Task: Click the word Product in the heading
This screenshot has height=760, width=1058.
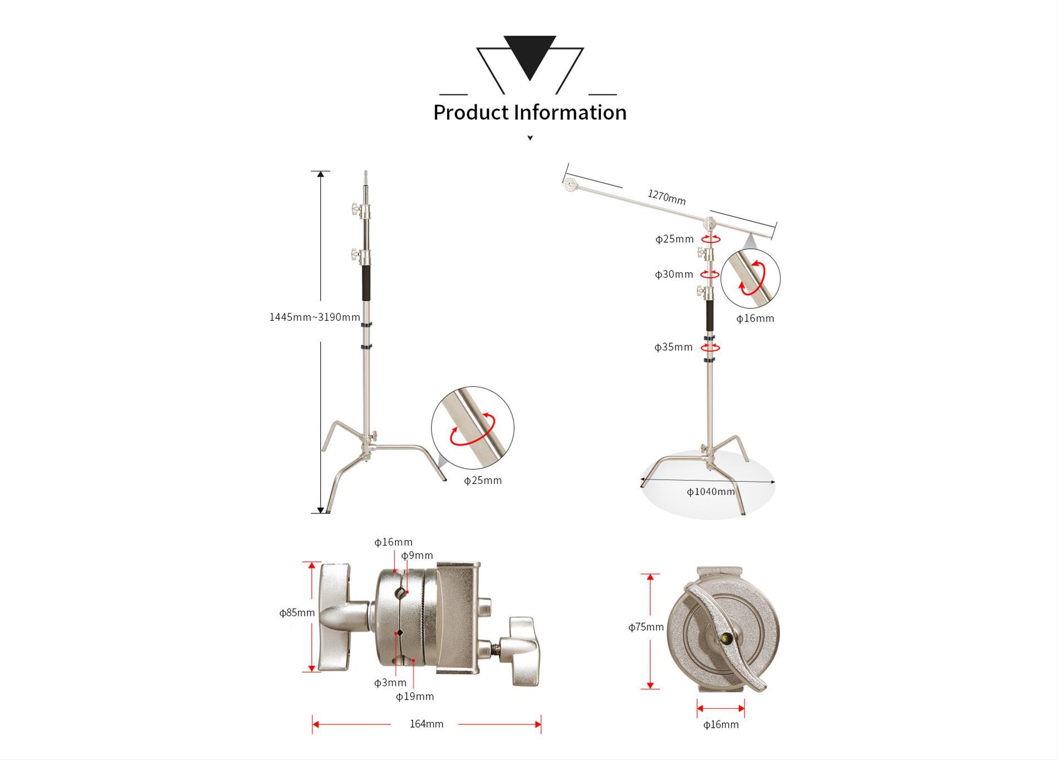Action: pyautogui.click(x=471, y=112)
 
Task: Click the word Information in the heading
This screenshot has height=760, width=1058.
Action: pyautogui.click(x=570, y=112)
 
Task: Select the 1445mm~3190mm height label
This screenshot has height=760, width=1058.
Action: pyautogui.click(x=315, y=317)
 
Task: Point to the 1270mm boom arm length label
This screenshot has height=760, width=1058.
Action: pyautogui.click(x=667, y=197)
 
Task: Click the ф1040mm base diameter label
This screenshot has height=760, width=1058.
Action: pyautogui.click(x=711, y=492)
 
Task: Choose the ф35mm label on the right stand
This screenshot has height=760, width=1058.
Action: pyautogui.click(x=674, y=347)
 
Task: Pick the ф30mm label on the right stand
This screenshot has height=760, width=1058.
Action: pyautogui.click(x=674, y=274)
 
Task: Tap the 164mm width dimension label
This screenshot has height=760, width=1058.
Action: pyautogui.click(x=427, y=724)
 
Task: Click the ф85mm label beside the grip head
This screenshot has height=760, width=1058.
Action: pyautogui.click(x=297, y=613)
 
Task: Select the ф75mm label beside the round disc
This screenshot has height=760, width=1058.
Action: pyautogui.click(x=646, y=627)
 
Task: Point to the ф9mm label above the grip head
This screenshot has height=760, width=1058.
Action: pyautogui.click(x=417, y=556)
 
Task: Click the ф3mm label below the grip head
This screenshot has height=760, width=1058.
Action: pyautogui.click(x=390, y=683)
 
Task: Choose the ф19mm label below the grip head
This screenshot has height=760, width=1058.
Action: pyautogui.click(x=415, y=697)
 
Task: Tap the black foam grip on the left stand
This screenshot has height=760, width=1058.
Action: pyautogui.click(x=366, y=283)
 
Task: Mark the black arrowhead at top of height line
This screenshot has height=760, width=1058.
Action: pyautogui.click(x=321, y=174)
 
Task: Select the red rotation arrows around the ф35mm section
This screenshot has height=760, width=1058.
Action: pyautogui.click(x=710, y=348)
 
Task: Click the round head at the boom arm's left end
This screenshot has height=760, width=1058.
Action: pyautogui.click(x=570, y=184)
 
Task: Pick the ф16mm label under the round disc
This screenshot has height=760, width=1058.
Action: pyautogui.click(x=721, y=724)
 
